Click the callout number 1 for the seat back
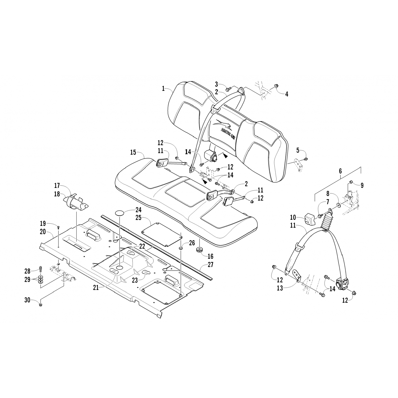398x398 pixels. (x=164, y=89)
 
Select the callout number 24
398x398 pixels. (x=138, y=210)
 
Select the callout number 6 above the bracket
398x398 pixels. (x=340, y=172)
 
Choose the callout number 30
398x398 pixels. (x=27, y=300)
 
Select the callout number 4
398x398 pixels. (x=287, y=94)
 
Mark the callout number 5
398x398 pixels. (x=298, y=150)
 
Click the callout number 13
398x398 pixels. (x=280, y=288)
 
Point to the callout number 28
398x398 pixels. (x=28, y=271)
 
